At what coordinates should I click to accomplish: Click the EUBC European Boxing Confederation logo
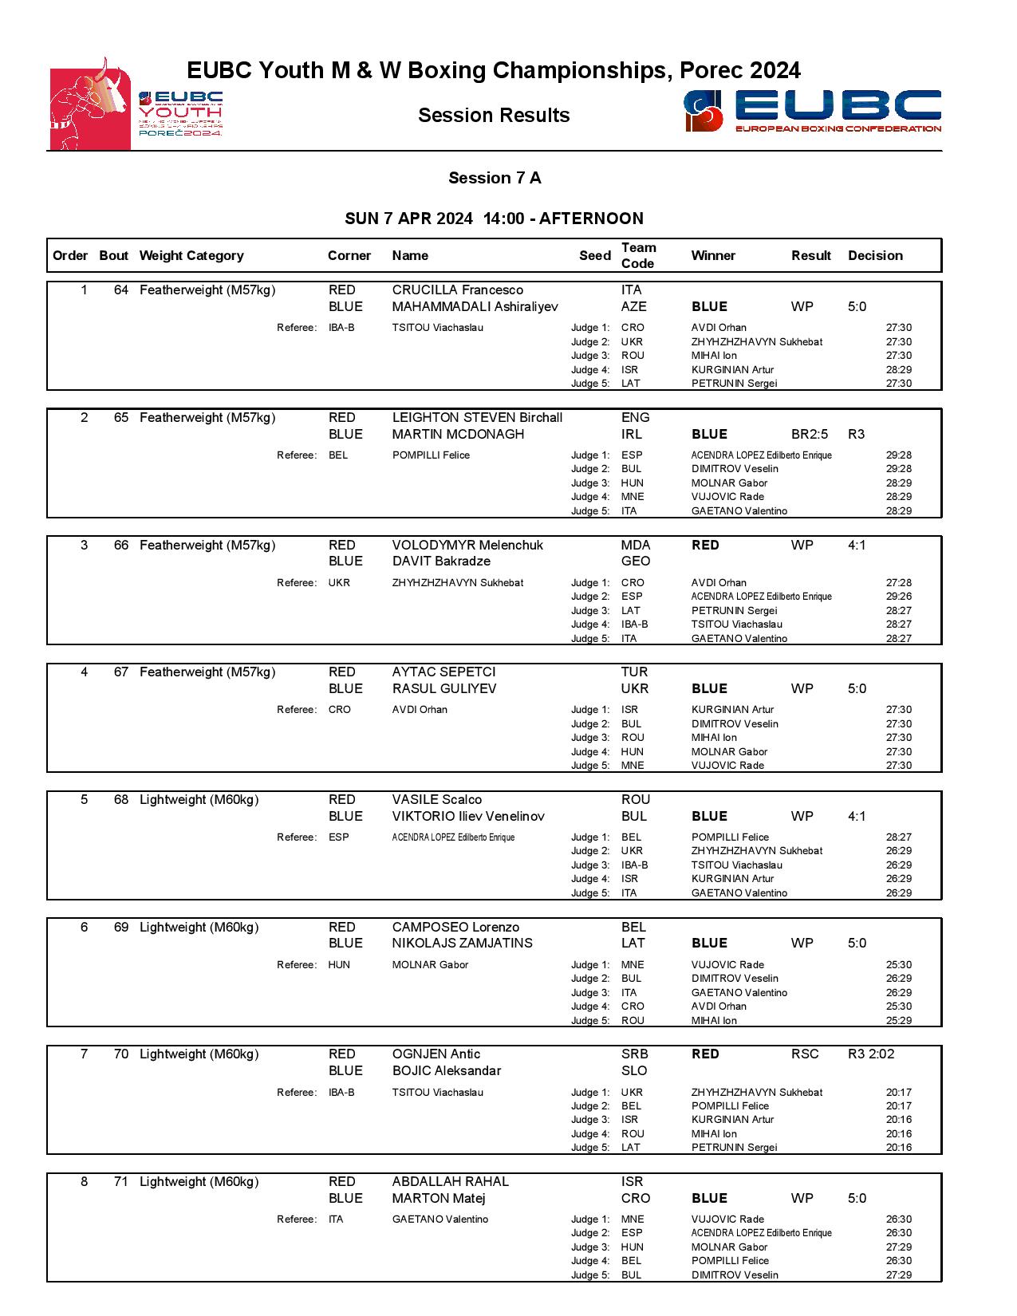click(x=812, y=111)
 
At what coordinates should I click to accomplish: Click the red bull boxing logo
click(x=90, y=105)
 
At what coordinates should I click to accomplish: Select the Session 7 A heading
click(x=495, y=178)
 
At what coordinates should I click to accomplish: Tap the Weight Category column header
click(x=191, y=256)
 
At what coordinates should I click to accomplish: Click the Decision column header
click(x=875, y=256)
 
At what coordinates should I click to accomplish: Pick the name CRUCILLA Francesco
click(x=457, y=290)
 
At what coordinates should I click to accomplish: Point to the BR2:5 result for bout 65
click(x=810, y=435)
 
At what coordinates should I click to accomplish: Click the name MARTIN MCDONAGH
click(x=458, y=435)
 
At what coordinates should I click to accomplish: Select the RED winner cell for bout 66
click(x=705, y=546)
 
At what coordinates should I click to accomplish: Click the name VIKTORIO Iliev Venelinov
click(x=468, y=817)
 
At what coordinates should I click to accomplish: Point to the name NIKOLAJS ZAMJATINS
click(x=462, y=944)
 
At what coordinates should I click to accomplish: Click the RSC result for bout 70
click(x=805, y=1054)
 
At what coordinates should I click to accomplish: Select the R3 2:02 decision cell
click(x=871, y=1054)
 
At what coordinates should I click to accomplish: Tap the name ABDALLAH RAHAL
click(x=450, y=1182)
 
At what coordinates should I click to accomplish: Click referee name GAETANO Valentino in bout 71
click(x=440, y=1219)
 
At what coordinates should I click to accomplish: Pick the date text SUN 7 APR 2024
click(x=408, y=219)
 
